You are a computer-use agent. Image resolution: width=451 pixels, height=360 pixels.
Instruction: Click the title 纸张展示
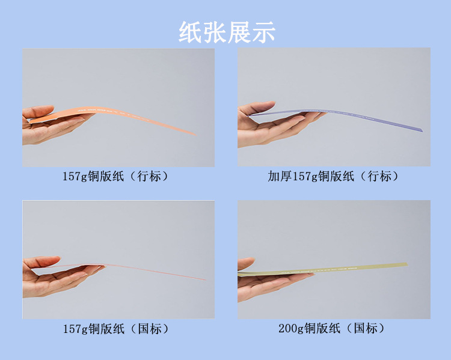pos(227,31)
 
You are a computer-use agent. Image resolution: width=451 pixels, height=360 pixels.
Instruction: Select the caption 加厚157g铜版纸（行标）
pos(333,176)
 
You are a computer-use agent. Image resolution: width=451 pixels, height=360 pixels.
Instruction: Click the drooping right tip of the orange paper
pos(194,134)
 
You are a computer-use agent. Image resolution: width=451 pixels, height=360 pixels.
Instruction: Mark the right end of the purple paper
pos(422,130)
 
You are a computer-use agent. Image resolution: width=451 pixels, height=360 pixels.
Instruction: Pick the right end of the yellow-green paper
pos(405,264)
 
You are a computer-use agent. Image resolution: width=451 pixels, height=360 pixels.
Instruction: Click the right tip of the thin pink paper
pos(204,279)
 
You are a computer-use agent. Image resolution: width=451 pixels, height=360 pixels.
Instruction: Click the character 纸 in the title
pos(191,31)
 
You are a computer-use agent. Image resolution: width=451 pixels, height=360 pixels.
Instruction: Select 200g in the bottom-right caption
pos(291,328)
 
